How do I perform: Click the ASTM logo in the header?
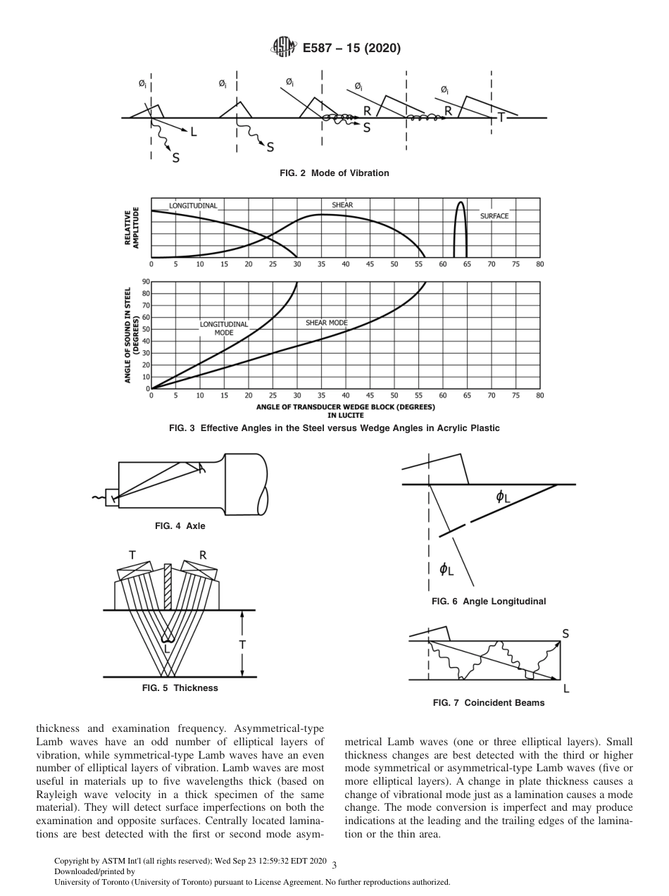coord(284,48)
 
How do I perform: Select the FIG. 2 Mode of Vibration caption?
coord(334,173)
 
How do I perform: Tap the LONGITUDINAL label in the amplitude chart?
coord(193,206)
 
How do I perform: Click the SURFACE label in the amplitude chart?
coord(494,216)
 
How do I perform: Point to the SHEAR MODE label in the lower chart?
coord(326,323)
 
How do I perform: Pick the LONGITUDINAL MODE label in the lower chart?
coord(224,328)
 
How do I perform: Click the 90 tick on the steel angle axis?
coord(146,282)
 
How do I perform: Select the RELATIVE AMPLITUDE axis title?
coord(132,227)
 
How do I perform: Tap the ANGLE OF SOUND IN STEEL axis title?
coord(132,335)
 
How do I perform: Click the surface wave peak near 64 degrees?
coord(460,204)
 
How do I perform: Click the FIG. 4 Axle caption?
coord(180,525)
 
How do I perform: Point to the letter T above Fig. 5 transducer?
coord(132,555)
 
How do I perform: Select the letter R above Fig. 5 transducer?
coord(203,555)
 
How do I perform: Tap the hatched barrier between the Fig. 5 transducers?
coord(168,586)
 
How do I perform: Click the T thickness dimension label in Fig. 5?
coord(242,645)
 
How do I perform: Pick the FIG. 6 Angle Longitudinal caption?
coord(489,601)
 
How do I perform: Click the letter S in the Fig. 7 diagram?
coord(565,634)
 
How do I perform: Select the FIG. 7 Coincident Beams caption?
coord(489,702)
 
